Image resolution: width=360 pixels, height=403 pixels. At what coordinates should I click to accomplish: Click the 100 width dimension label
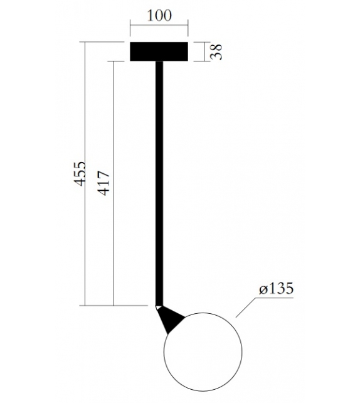click(159, 16)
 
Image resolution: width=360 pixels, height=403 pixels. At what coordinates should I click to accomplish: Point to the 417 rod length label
click(104, 182)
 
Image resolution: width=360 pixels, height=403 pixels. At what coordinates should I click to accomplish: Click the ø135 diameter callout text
click(276, 289)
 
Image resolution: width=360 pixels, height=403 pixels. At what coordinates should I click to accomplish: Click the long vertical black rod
click(160, 182)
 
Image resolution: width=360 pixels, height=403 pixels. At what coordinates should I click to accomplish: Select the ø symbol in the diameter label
click(263, 290)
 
